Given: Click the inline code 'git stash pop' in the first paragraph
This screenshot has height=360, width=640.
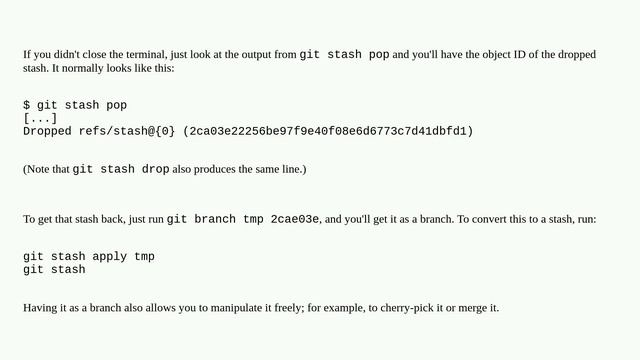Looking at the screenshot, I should click(x=344, y=54).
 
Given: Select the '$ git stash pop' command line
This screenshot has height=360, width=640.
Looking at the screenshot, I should click(x=75, y=105).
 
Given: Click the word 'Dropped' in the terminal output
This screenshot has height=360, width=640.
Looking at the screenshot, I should click(x=47, y=131).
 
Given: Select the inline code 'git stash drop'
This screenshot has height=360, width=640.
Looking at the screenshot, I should click(x=121, y=170).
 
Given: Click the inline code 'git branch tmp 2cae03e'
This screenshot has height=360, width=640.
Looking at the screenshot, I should click(x=243, y=219).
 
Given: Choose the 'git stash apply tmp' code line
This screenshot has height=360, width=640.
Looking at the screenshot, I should click(x=89, y=257).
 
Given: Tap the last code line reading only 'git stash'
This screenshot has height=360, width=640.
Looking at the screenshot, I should click(x=54, y=270).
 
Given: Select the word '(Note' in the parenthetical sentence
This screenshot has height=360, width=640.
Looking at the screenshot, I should click(x=37, y=170).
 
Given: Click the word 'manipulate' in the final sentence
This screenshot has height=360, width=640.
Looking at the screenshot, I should click(x=227, y=308).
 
